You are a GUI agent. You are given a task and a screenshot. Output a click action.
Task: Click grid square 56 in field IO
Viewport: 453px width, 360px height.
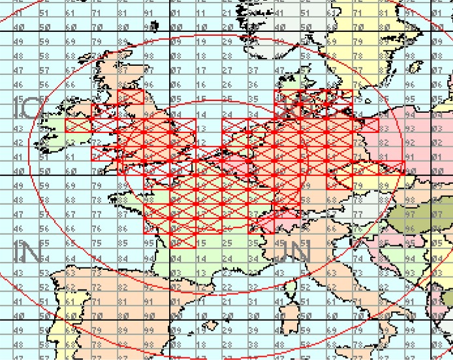pos(46,84)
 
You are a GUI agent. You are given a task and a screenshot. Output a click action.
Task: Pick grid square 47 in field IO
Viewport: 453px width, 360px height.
pos(20,70)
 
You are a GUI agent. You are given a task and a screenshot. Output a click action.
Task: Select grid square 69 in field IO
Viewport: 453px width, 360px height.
pos(72,41)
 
